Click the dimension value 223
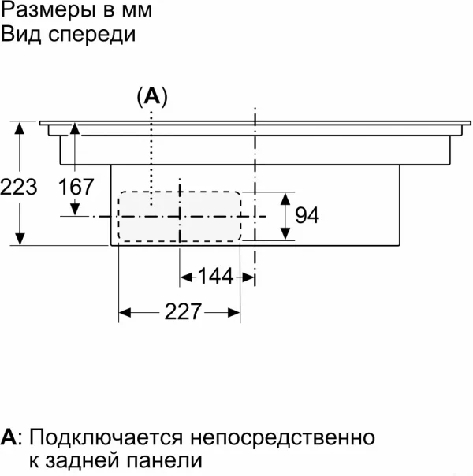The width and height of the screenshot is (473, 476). [19, 187]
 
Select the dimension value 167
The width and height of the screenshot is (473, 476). [76, 187]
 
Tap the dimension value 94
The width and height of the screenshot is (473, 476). [307, 215]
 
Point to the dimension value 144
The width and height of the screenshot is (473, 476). [215, 277]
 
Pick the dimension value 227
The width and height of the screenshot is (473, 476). [183, 311]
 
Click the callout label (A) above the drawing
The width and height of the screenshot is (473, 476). [152, 96]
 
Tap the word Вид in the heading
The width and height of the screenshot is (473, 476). [20, 33]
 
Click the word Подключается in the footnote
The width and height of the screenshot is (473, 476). [106, 438]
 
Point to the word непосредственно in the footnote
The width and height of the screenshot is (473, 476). [283, 438]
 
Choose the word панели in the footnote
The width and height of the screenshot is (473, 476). [164, 460]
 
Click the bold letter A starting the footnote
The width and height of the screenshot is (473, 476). [9, 437]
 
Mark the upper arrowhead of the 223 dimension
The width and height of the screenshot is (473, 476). [20, 128]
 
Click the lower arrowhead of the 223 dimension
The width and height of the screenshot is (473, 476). [20, 239]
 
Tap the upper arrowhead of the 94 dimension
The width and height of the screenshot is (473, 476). [285, 199]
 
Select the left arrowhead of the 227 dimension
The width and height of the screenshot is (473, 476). [125, 312]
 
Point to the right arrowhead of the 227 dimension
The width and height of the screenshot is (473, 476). [234, 312]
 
